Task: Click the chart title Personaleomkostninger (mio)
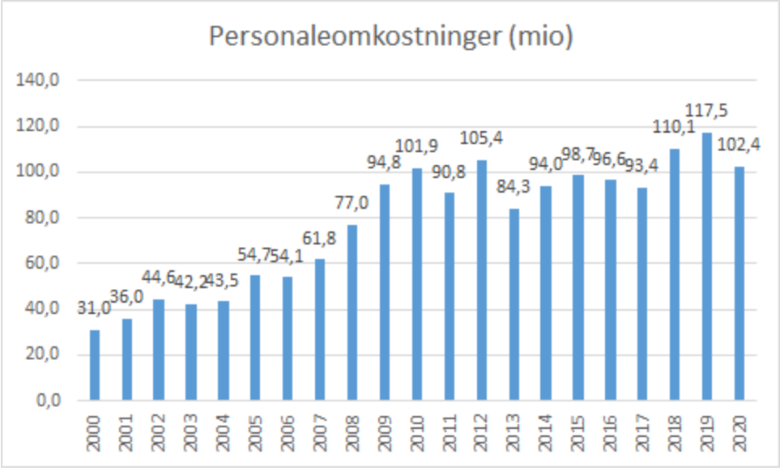point(391,36)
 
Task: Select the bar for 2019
point(707,266)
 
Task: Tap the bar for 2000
point(94,365)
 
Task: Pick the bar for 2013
point(513,304)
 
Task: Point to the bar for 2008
point(352,312)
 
